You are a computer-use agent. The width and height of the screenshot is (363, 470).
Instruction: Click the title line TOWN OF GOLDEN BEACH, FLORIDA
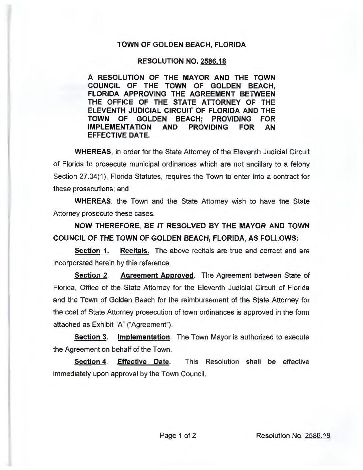(181, 45)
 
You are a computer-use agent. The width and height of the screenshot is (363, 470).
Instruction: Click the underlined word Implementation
(144, 337)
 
